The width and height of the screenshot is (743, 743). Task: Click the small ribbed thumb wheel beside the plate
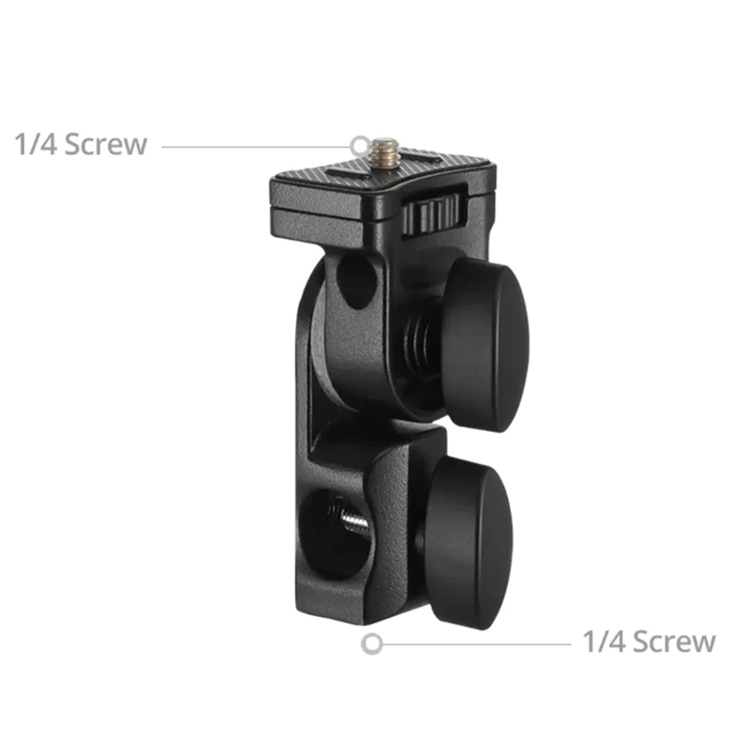(433, 213)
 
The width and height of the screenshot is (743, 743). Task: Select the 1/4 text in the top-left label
(33, 145)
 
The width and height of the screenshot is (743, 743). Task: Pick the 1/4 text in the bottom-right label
(602, 642)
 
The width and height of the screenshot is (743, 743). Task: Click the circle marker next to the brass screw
(360, 145)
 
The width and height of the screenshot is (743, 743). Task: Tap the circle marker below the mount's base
(372, 643)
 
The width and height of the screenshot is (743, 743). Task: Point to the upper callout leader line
(255, 146)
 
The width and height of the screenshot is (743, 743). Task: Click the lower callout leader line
(474, 643)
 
